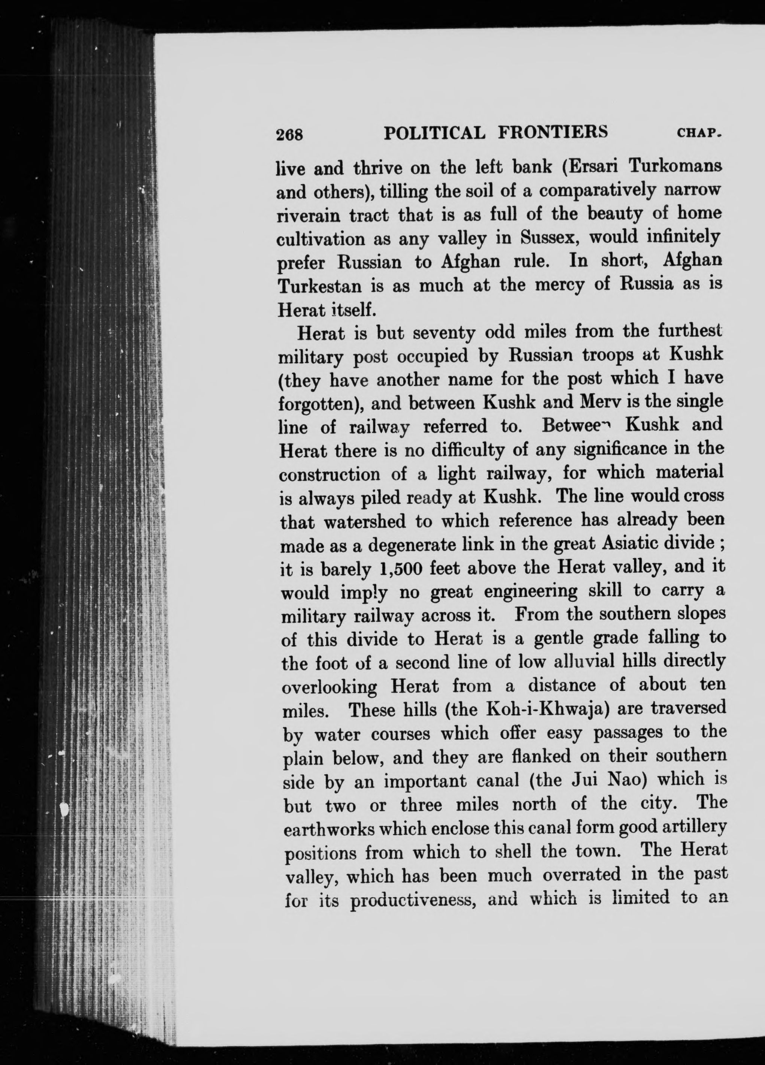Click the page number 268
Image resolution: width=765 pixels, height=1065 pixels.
(x=290, y=135)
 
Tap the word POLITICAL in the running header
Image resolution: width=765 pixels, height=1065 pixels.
(x=435, y=133)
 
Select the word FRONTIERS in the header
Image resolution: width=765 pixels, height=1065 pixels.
(x=553, y=132)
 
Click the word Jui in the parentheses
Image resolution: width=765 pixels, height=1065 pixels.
(x=586, y=779)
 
